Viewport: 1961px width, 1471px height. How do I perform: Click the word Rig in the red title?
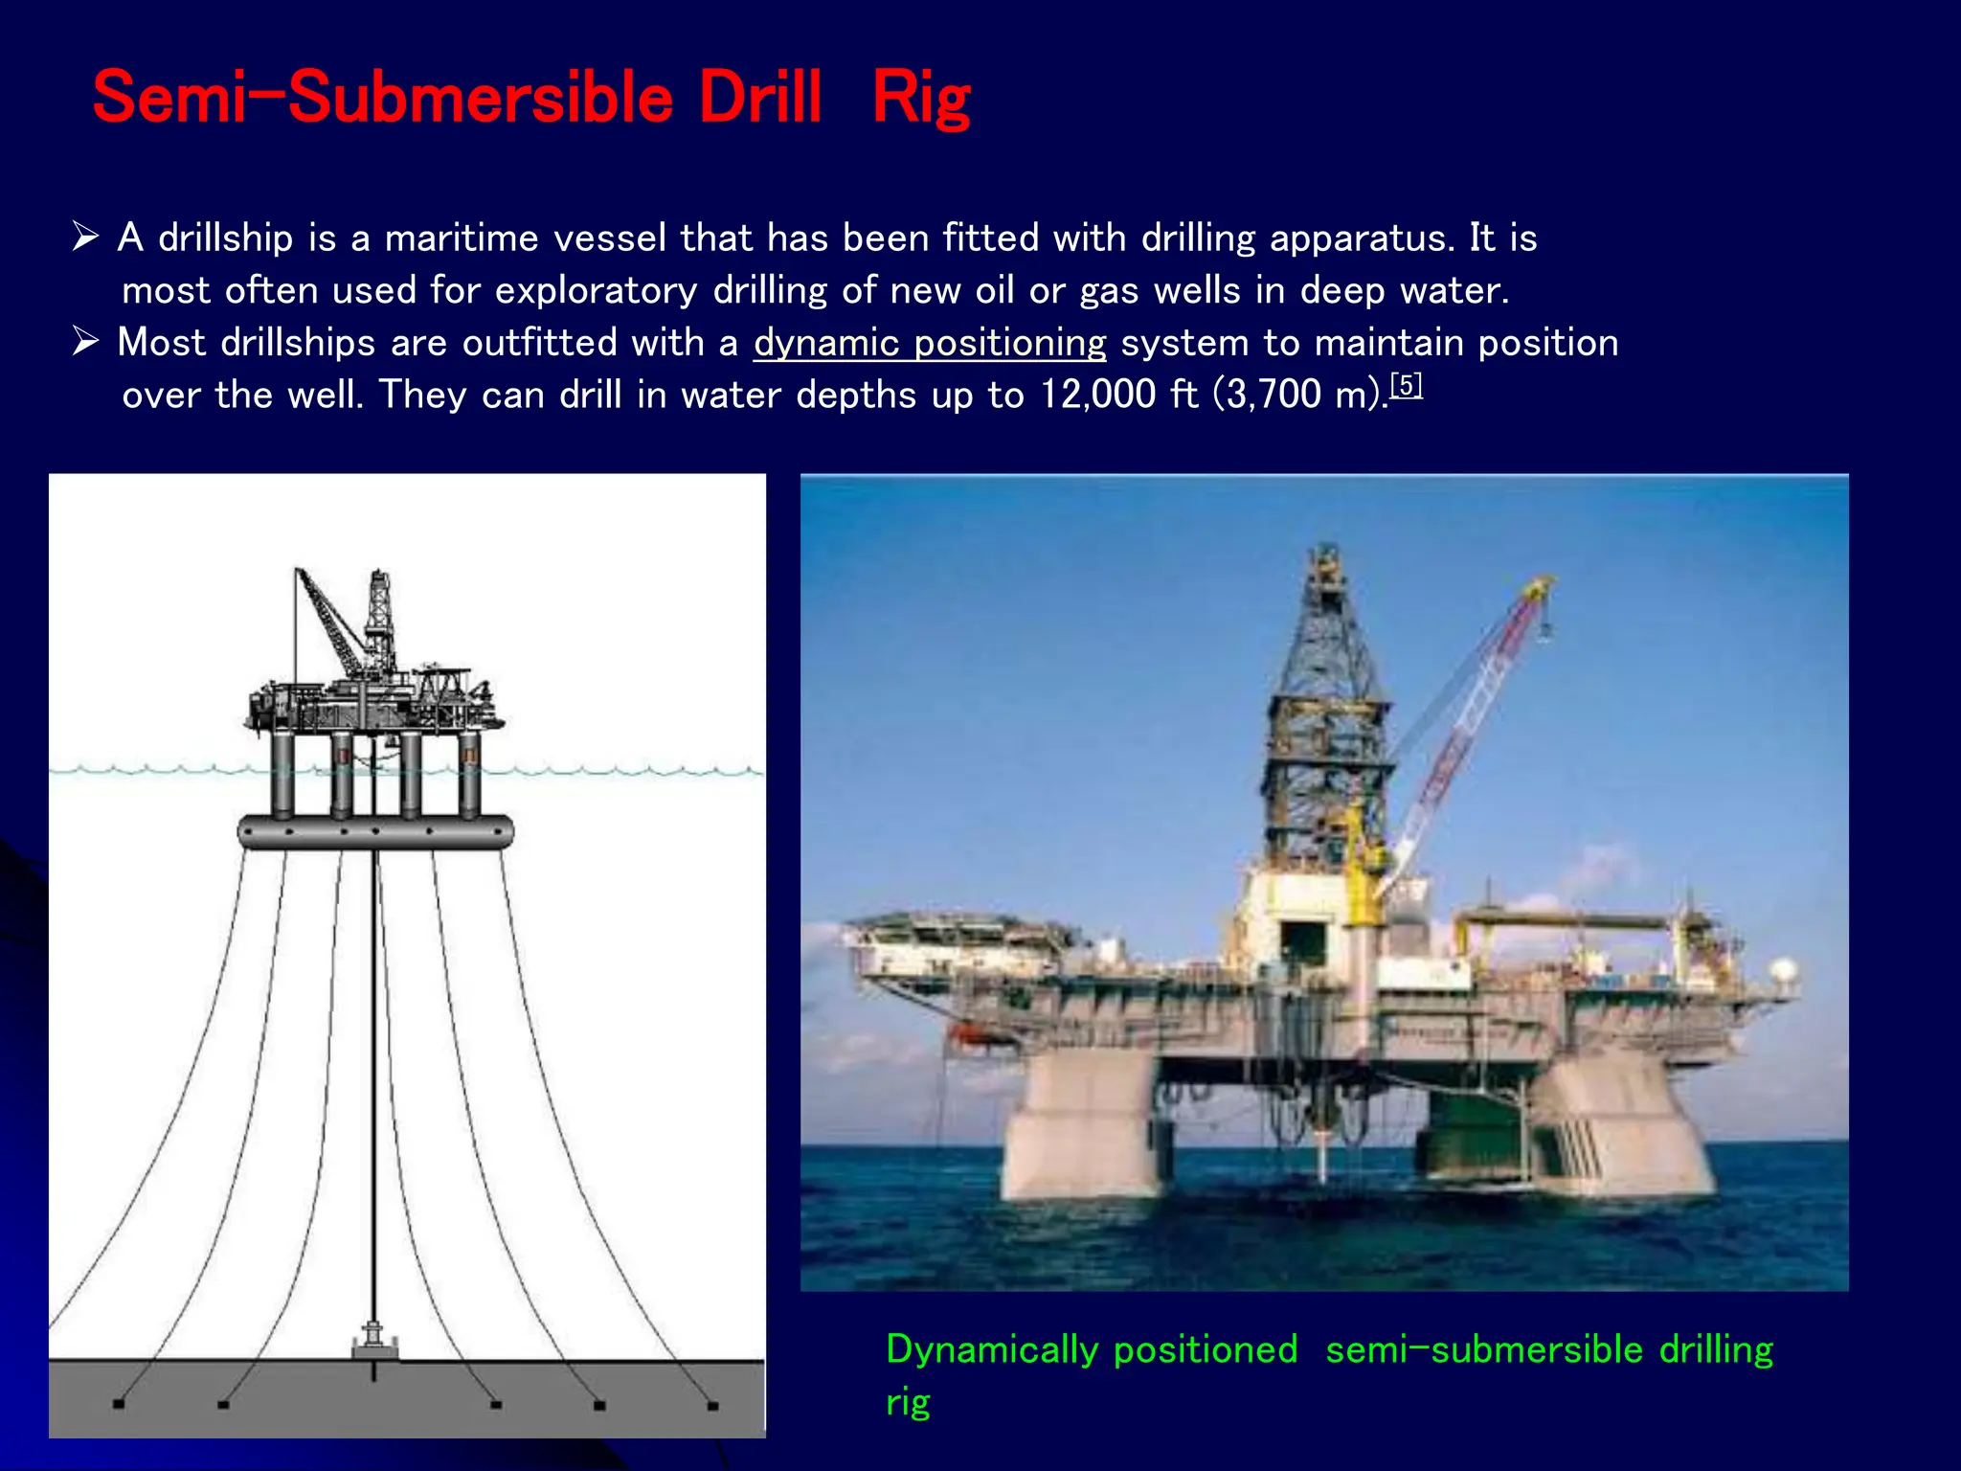click(x=921, y=99)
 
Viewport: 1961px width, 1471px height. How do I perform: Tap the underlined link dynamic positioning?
click(x=929, y=343)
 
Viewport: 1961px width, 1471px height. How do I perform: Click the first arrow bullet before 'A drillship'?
click(x=86, y=236)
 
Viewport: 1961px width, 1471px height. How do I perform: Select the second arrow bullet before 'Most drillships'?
click(x=86, y=340)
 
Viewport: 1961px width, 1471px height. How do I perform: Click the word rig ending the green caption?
click(x=908, y=1402)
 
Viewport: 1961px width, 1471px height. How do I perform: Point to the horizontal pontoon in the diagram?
click(x=375, y=831)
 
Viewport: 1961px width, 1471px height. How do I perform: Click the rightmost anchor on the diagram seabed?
click(x=712, y=1406)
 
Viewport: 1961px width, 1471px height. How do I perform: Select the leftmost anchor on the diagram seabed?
click(x=119, y=1404)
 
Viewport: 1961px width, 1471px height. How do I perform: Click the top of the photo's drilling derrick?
click(x=1326, y=555)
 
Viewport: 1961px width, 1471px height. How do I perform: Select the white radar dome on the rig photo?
click(x=1783, y=971)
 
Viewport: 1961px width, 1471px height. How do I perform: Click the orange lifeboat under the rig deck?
click(x=967, y=1032)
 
